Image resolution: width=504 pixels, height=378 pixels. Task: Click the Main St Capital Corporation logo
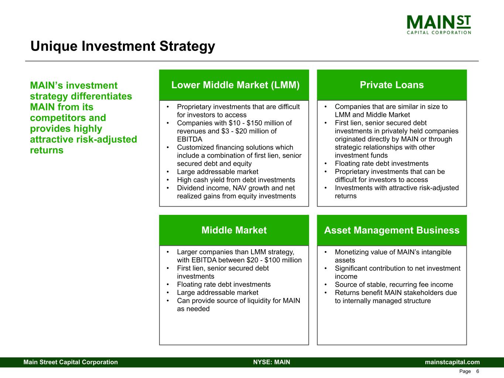point(439,24)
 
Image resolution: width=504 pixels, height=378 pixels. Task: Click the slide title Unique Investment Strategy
point(123,46)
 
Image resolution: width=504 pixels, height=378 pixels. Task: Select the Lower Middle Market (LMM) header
point(235,85)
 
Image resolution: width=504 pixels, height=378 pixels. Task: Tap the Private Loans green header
point(392,85)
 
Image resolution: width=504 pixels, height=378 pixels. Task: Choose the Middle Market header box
point(234,230)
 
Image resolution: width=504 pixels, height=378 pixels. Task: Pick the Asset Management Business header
point(392,230)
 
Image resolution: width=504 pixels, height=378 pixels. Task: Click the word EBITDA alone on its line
point(189,139)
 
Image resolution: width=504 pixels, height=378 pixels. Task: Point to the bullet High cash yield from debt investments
point(236,180)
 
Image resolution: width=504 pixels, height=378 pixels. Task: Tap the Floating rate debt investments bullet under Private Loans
point(381,164)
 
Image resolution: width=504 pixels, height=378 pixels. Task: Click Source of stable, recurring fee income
point(394,285)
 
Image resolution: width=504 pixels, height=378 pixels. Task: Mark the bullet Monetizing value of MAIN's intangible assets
point(393,252)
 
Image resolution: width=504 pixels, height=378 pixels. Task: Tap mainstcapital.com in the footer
point(452,362)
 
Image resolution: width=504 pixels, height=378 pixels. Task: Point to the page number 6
point(477,371)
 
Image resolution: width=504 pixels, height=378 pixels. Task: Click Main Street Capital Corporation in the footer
point(71,362)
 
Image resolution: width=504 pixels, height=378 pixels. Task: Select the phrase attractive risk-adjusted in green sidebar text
point(83,140)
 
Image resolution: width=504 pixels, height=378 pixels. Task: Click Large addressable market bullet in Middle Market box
point(217,293)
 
